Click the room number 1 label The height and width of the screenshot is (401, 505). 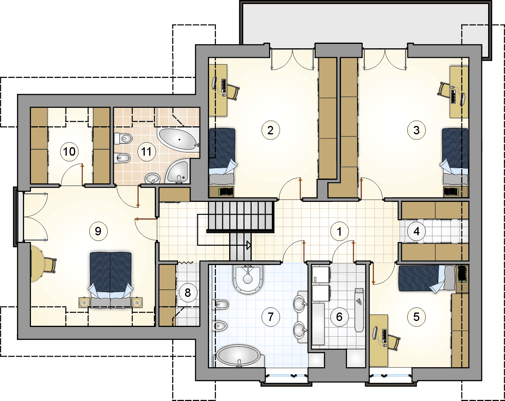pos(339,232)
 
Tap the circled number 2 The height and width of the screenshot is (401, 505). pos(271,130)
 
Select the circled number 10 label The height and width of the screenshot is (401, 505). pos(70,152)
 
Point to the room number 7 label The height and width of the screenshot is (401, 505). pos(271,317)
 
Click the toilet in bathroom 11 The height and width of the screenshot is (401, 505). pos(123,138)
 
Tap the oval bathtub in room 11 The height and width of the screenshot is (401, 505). pos(178,140)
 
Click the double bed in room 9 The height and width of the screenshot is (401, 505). pos(111,280)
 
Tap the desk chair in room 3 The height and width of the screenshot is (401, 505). pos(444,89)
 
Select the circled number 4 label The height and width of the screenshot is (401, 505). pos(417,232)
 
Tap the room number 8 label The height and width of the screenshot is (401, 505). pos(188,293)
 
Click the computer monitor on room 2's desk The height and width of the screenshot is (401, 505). pos(214,82)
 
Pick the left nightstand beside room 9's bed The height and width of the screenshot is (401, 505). pos(84,302)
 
